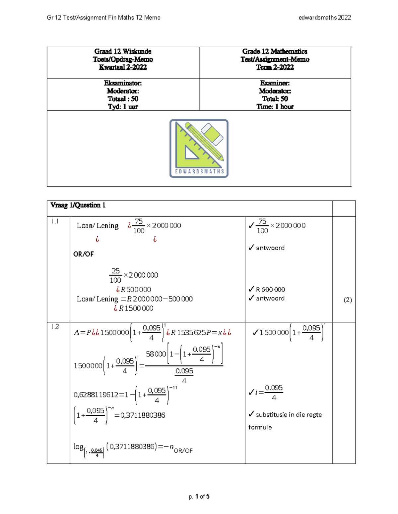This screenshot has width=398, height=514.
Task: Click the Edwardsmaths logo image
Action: [199, 149]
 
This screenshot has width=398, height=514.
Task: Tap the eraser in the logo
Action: [212, 134]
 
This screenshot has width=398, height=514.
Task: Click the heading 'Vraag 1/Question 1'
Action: [78, 205]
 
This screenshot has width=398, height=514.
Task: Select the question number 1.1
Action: [55, 221]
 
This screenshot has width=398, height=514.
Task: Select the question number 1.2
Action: [55, 326]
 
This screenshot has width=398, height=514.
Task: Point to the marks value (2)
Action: [348, 300]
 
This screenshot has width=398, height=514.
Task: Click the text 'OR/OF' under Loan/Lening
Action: [84, 254]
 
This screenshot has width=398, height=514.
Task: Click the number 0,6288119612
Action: [96, 395]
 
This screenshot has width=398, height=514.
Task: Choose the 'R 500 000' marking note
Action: [270, 290]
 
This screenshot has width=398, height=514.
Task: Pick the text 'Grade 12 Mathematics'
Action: [275, 51]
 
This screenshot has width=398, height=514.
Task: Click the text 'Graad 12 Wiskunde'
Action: [123, 51]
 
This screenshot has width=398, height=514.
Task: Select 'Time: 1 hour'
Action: [275, 107]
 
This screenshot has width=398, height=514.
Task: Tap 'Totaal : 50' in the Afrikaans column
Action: [123, 99]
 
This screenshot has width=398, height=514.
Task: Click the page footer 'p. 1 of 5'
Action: [199, 496]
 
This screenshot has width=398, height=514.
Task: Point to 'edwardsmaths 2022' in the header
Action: [325, 18]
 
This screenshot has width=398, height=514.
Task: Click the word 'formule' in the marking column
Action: [260, 427]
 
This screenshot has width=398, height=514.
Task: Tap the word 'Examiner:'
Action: [275, 83]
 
